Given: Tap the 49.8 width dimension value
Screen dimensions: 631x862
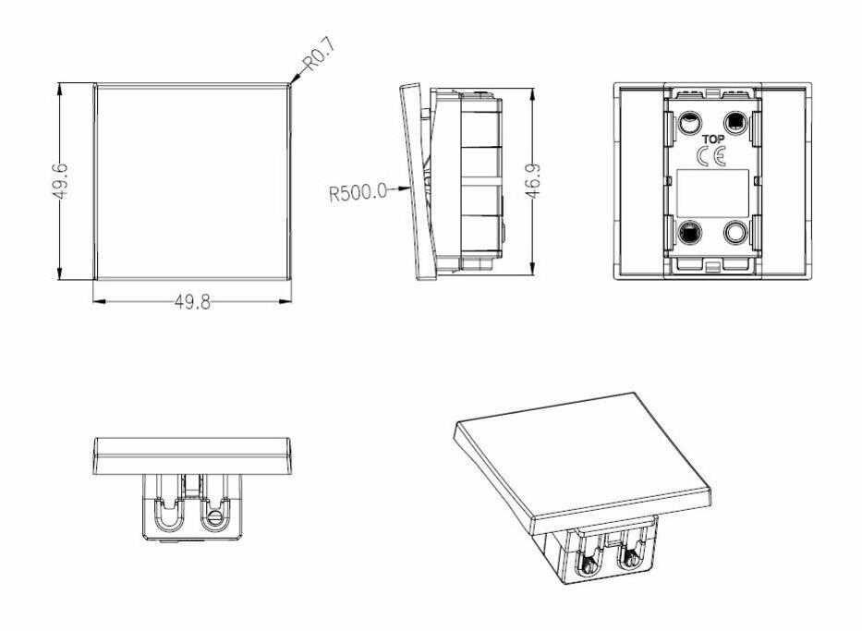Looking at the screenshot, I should [192, 302].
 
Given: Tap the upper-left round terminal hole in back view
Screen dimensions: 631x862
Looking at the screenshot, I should [689, 121].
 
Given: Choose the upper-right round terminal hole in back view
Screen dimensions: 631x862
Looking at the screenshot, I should [735, 121].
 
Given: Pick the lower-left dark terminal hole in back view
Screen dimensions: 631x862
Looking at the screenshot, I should [689, 232].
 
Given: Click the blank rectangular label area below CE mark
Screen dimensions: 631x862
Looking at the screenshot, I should [712, 194].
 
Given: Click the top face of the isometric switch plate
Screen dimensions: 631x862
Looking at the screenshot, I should [582, 453].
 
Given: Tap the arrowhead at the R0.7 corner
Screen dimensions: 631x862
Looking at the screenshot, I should [292, 83].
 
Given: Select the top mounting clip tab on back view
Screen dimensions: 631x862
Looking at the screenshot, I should [712, 91].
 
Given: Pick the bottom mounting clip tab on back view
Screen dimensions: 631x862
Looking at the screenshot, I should [712, 268].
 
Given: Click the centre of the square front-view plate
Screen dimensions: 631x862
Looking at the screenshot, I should [192, 181].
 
